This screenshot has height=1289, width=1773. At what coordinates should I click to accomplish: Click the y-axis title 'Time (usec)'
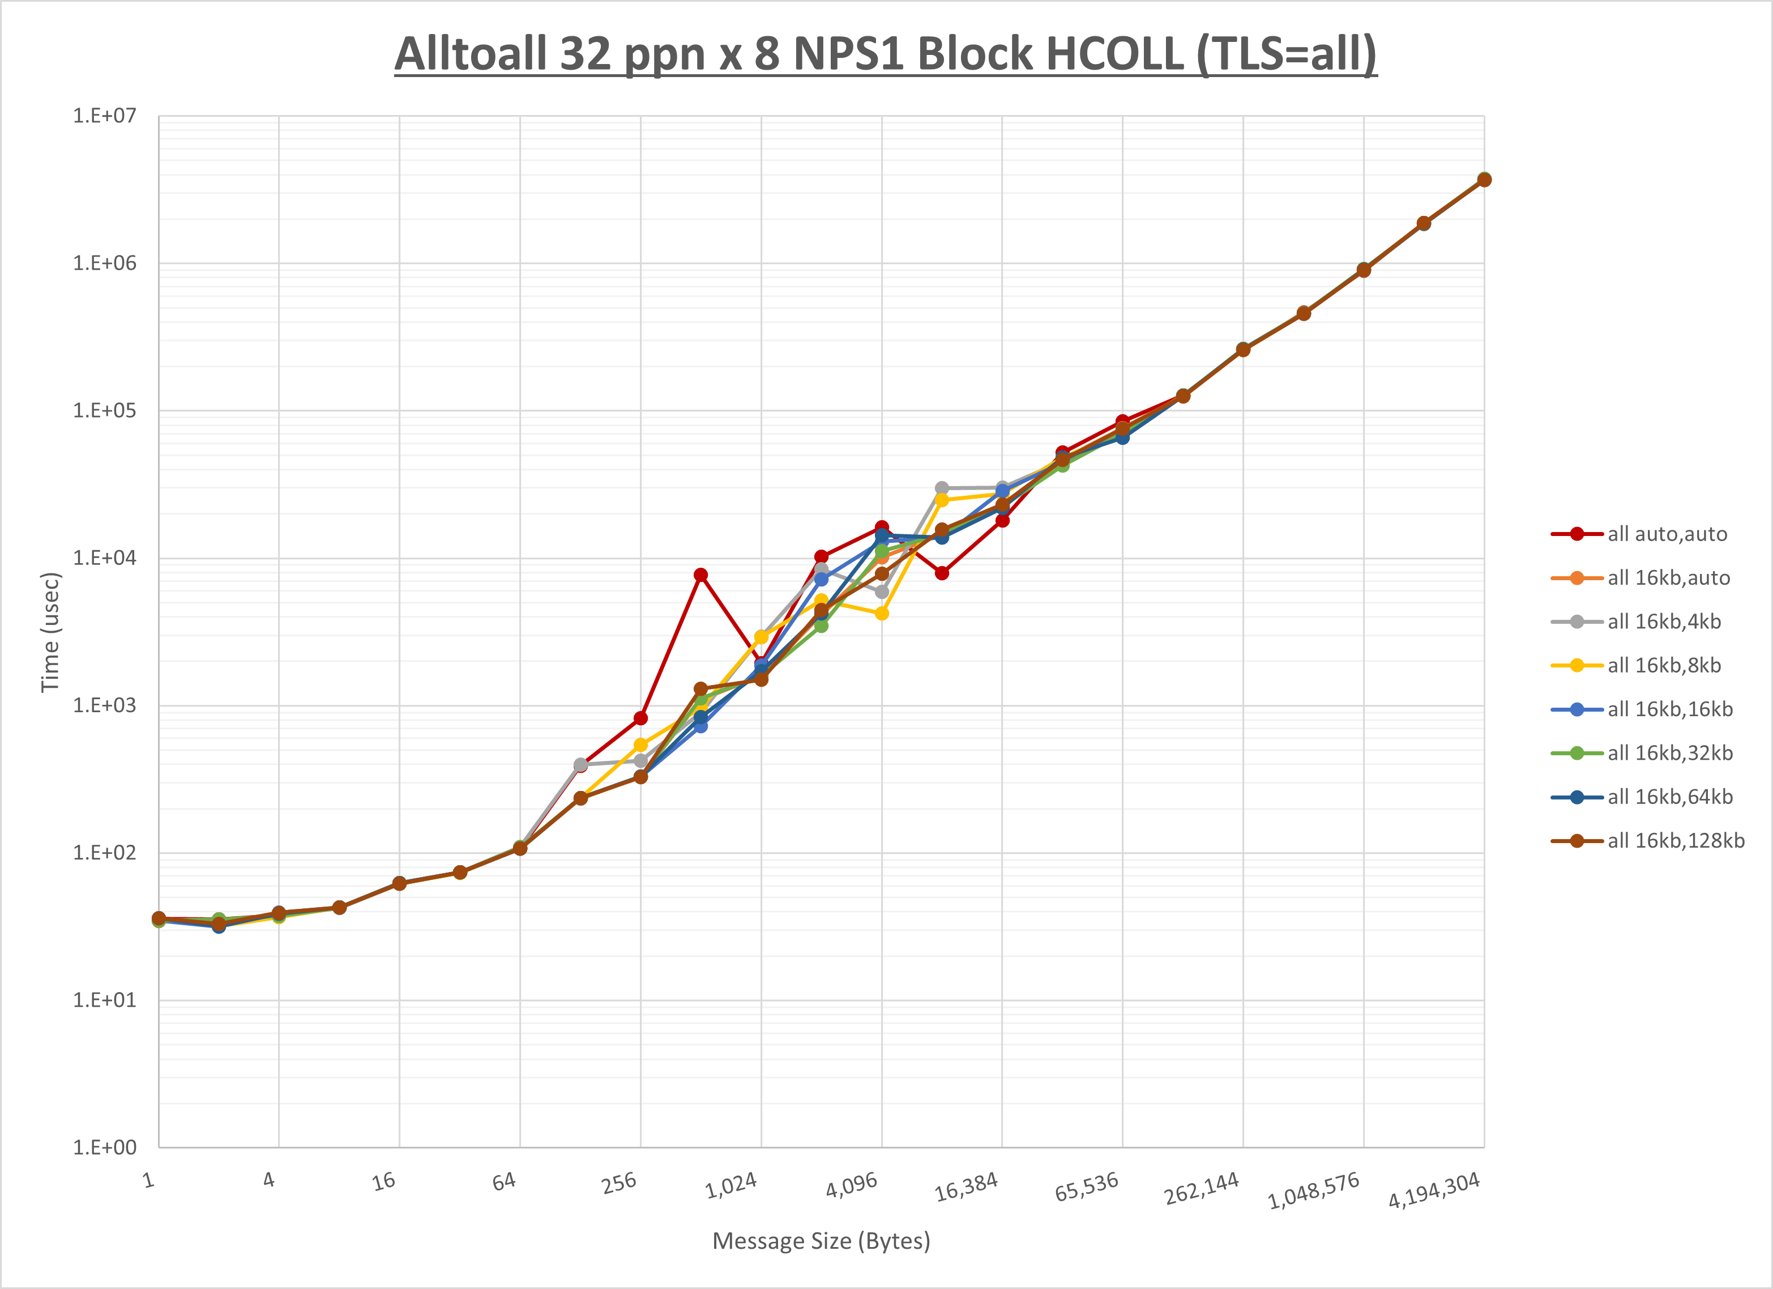50,632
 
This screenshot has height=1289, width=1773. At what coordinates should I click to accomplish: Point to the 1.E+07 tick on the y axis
104,116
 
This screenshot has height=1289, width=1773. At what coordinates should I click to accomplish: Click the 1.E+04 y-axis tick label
104,558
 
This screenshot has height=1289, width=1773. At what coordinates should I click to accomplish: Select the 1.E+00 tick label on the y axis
104,1147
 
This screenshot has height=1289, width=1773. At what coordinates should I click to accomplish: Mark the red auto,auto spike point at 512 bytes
700,575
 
